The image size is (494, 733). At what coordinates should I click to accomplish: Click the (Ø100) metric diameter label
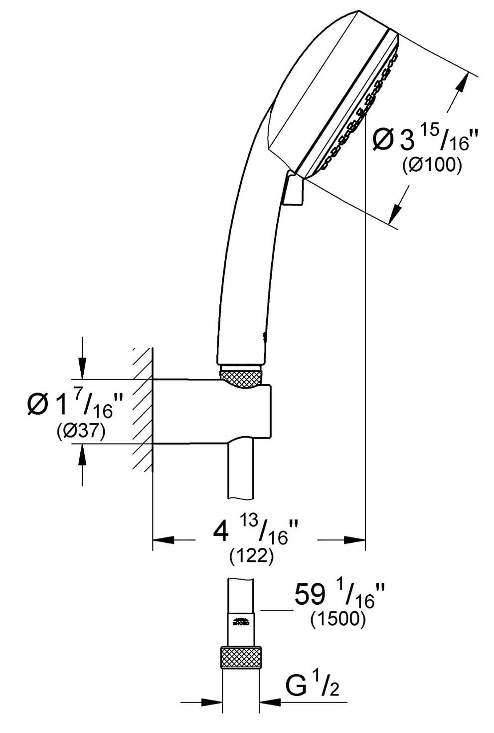(432, 165)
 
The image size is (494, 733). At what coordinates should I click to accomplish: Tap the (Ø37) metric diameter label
(80, 431)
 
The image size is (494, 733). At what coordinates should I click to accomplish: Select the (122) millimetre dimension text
(251, 556)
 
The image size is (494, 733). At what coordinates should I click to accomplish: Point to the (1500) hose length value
(338, 619)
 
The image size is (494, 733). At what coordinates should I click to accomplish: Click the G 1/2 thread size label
(312, 687)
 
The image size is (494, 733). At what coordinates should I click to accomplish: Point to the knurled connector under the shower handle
(241, 376)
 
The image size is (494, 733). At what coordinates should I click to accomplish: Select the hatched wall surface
(143, 409)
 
